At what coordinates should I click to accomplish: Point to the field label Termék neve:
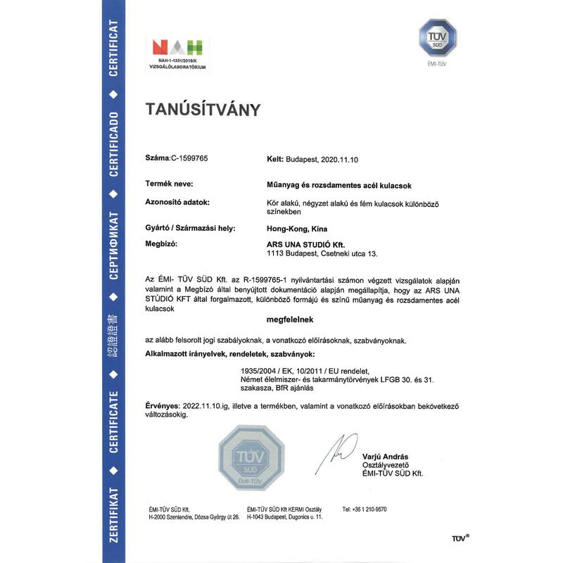pyautogui.click(x=171, y=184)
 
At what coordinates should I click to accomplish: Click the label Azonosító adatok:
pyautogui.click(x=177, y=203)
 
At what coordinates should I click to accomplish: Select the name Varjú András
pyautogui.click(x=384, y=457)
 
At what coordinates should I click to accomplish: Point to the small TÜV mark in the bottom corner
pyautogui.click(x=460, y=538)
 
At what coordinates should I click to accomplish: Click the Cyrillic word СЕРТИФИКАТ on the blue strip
pyautogui.click(x=113, y=246)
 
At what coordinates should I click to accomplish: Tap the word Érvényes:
pyautogui.click(x=163, y=407)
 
